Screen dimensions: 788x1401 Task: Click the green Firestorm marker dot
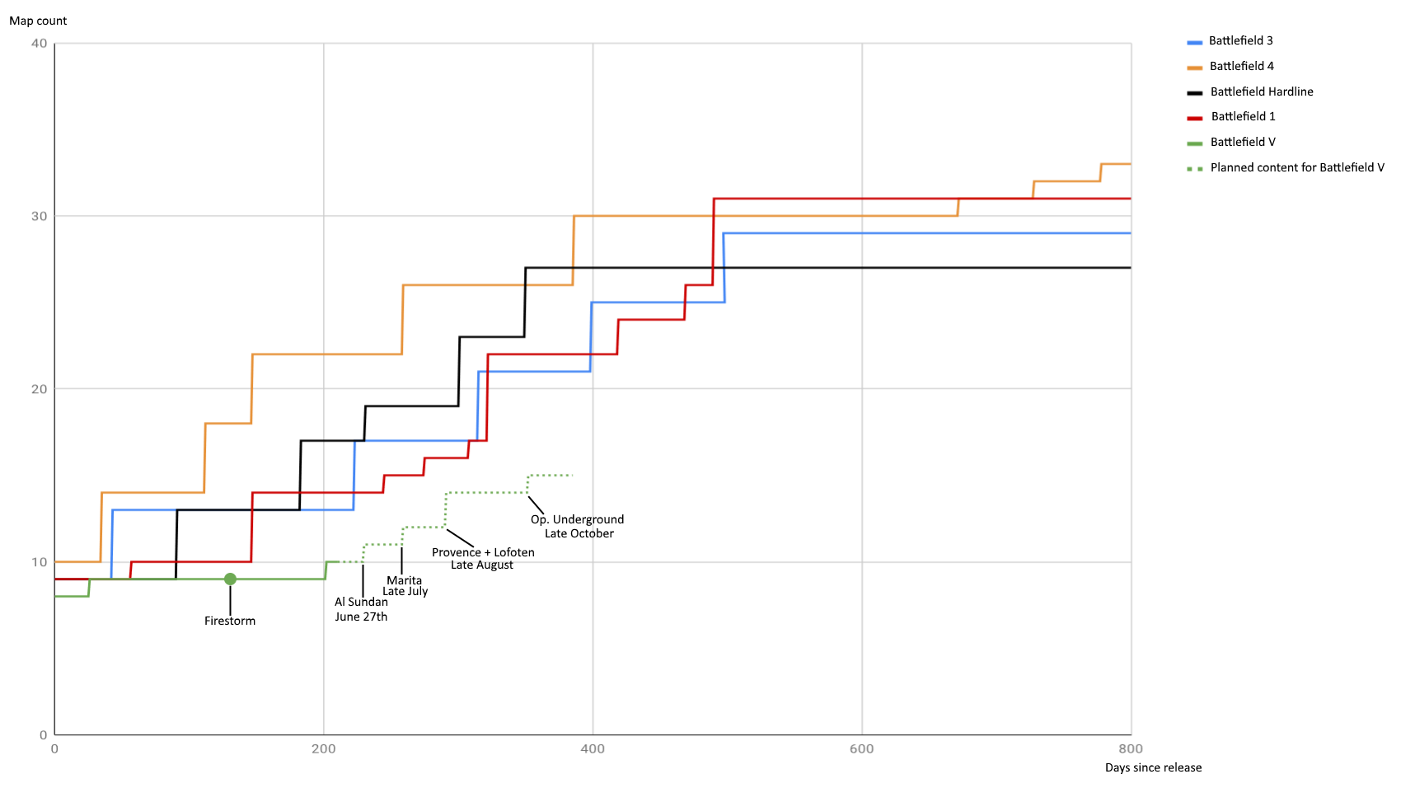[x=230, y=579]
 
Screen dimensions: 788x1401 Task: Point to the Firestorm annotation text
[x=230, y=621]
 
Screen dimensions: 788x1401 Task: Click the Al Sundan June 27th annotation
[x=361, y=609]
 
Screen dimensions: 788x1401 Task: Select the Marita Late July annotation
[x=405, y=585]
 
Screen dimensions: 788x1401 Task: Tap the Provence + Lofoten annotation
[x=483, y=558]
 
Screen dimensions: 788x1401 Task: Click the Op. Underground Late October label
[x=578, y=526]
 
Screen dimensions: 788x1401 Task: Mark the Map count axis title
[x=38, y=21]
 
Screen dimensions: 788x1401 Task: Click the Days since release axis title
[x=1153, y=767]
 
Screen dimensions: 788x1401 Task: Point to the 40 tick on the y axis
[x=39, y=44]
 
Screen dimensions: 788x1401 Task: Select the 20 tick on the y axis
[x=39, y=389]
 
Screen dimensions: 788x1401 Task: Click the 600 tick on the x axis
[x=861, y=748]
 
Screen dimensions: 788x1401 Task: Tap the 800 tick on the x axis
[x=1131, y=748]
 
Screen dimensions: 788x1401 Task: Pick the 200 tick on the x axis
[x=324, y=748]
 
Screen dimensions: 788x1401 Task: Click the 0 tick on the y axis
[x=43, y=734]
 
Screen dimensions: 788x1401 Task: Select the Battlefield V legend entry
[x=1242, y=142]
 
